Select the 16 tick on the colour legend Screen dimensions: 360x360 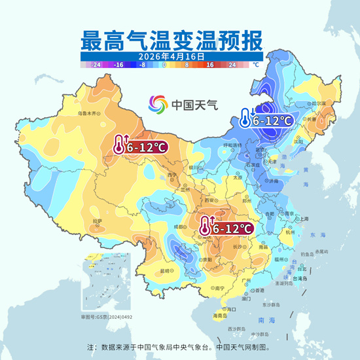point(211,65)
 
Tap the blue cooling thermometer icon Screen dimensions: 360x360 point(243,118)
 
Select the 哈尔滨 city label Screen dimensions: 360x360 point(319,103)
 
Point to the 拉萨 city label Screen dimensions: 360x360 point(98,221)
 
